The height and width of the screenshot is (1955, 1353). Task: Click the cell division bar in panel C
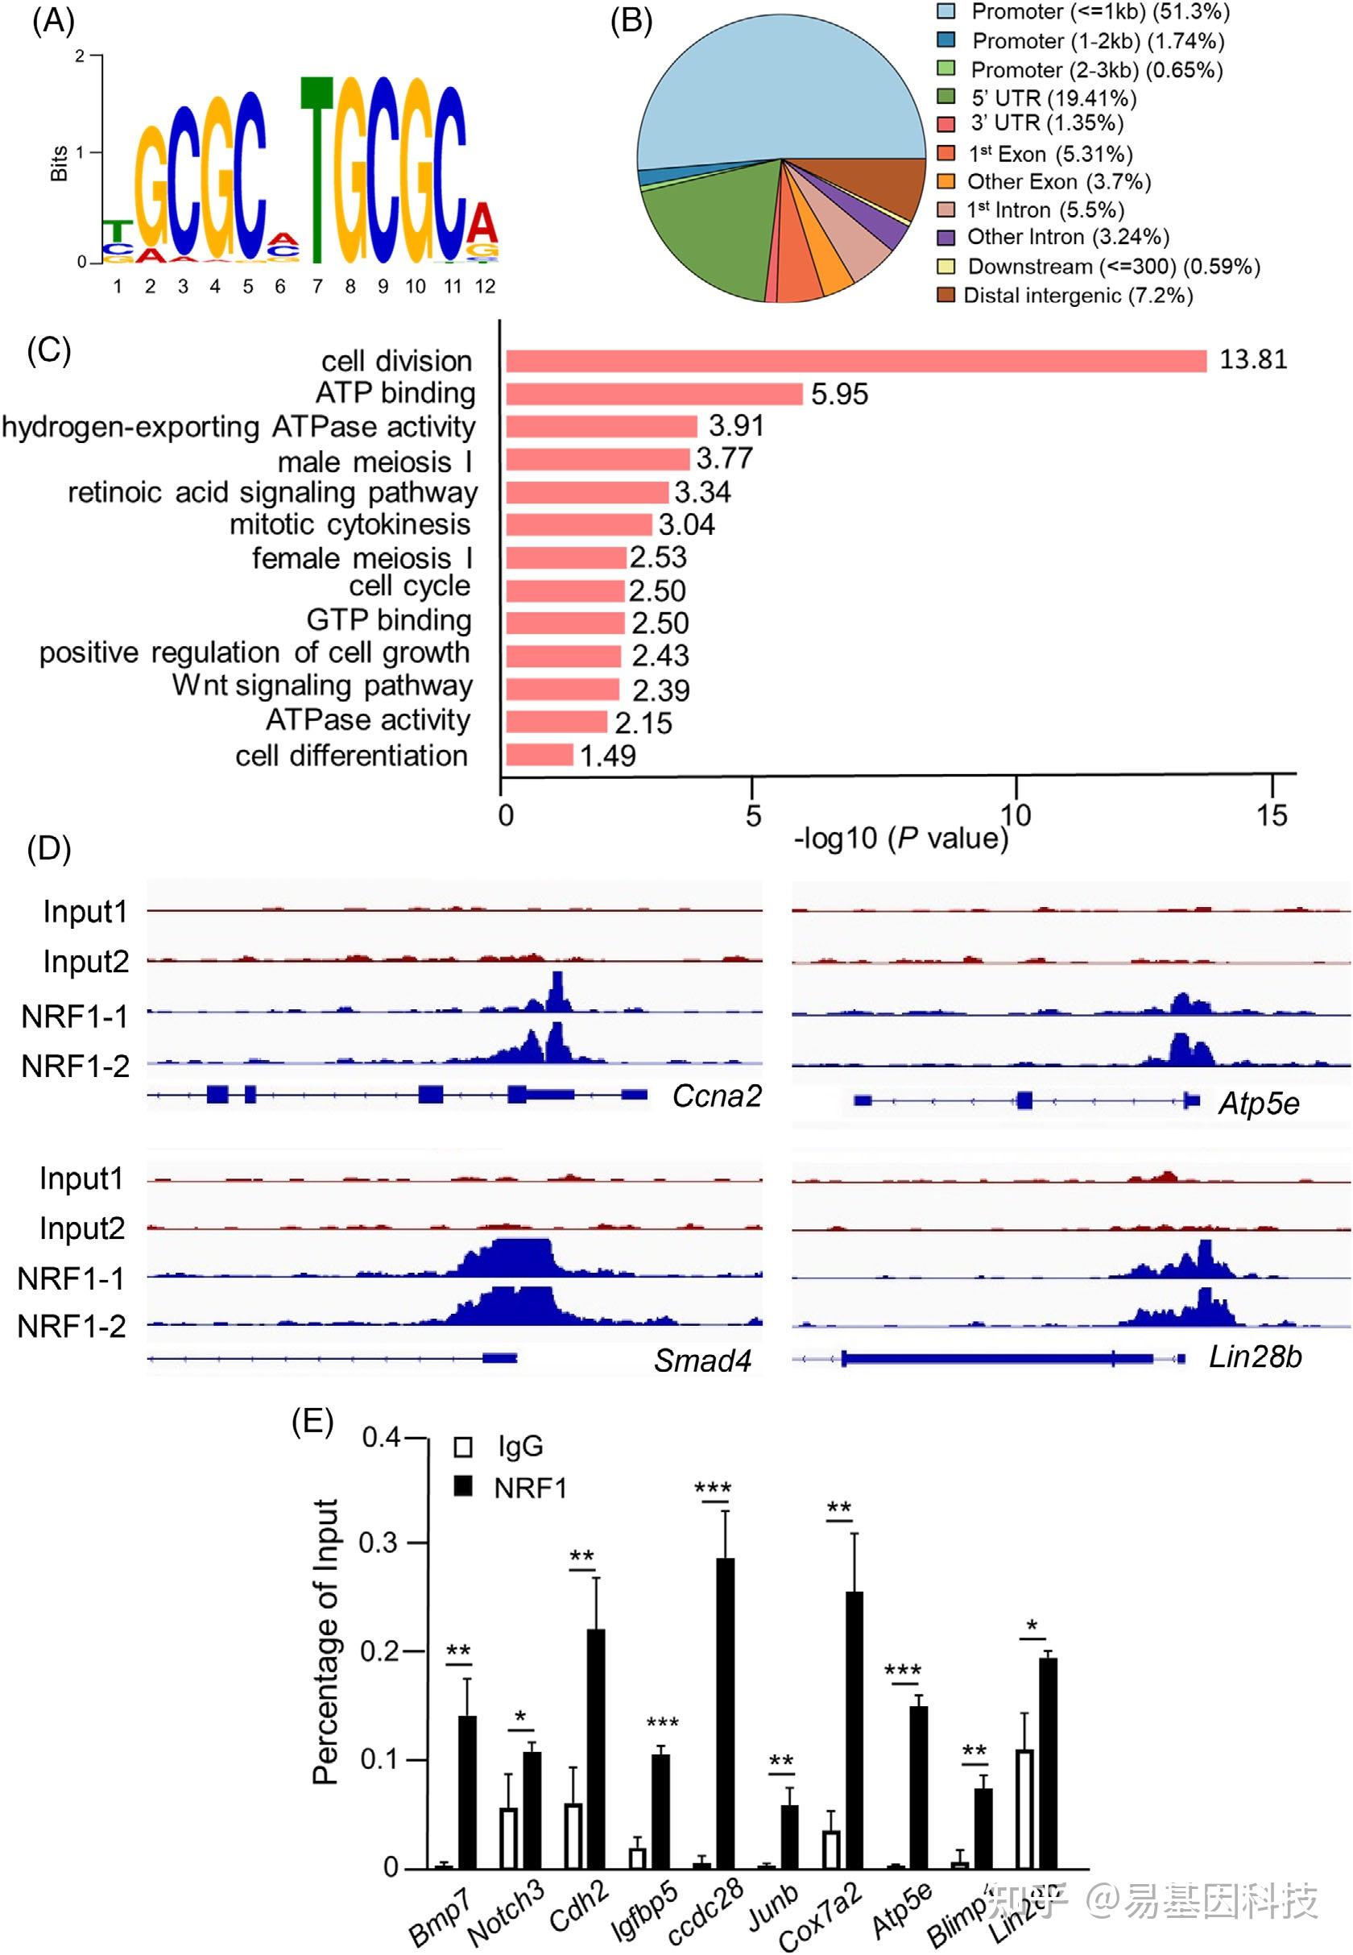(856, 361)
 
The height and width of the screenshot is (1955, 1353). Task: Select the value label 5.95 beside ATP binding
(839, 395)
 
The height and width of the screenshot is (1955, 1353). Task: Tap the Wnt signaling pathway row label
(322, 685)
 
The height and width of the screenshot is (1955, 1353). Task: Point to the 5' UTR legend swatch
(946, 97)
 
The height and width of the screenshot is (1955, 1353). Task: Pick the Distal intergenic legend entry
(1077, 295)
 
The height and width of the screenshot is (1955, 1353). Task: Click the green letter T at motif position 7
(317, 169)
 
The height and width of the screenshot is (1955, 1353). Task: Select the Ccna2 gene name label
(716, 1096)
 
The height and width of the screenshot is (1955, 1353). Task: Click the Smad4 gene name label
(702, 1361)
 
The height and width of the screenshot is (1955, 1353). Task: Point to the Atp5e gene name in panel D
(1258, 1103)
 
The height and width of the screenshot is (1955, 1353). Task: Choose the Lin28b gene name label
(1255, 1357)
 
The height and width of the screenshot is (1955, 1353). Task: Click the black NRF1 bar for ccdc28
(726, 1713)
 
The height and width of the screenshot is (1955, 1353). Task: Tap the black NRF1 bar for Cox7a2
(854, 1729)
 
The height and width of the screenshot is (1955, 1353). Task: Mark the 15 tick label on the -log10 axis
(1272, 815)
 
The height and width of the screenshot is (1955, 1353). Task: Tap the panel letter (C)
(49, 350)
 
